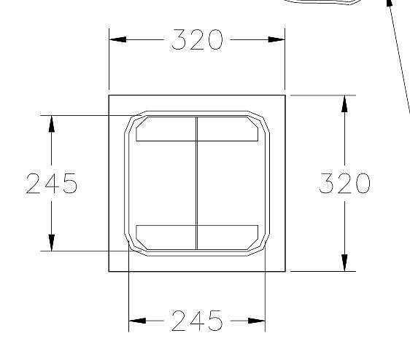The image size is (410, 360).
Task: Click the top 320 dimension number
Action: point(197,39)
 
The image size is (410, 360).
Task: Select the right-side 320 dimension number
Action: point(344,183)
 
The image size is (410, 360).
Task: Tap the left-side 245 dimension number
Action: point(52,183)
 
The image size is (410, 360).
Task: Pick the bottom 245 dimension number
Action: point(197,321)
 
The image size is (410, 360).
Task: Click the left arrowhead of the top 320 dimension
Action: point(117,39)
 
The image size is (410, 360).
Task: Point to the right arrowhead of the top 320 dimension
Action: point(276,39)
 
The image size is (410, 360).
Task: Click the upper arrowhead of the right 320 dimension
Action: point(344,103)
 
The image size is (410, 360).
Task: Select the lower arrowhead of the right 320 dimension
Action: point(344,263)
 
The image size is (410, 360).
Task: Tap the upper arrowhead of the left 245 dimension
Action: point(52,124)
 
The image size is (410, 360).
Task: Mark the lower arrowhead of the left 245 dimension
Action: point(52,243)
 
